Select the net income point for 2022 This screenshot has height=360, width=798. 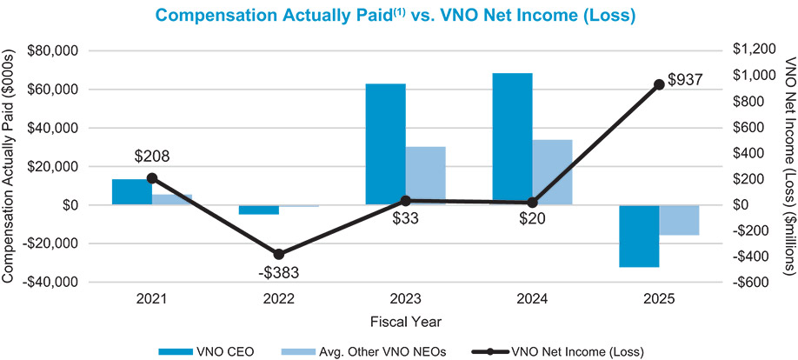click(x=278, y=254)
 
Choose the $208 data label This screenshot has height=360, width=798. click(x=152, y=157)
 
